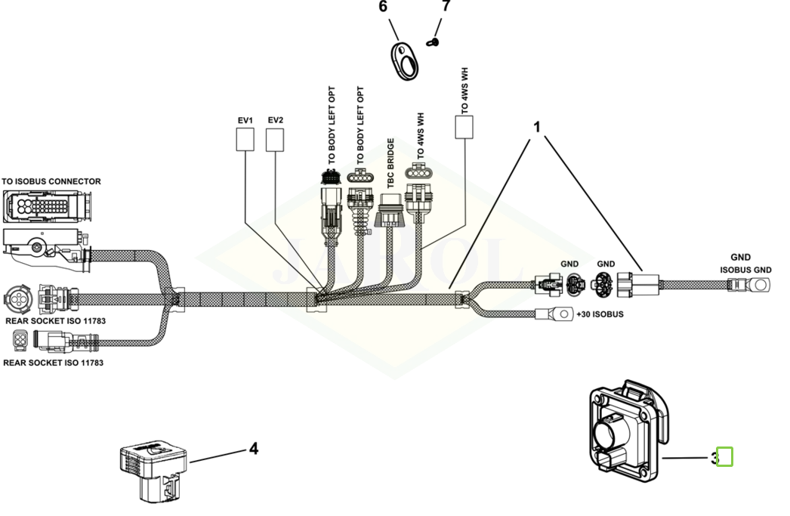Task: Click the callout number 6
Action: coord(382,8)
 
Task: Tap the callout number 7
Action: coord(445,6)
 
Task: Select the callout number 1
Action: coord(537,127)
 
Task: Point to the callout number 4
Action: coord(254,449)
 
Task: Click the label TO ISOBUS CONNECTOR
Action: coord(51,181)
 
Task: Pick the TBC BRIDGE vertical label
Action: coord(390,163)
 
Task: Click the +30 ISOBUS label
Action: coord(600,314)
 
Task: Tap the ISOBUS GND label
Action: coord(745,270)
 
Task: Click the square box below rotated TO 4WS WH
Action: coord(464,128)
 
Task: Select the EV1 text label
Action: coord(245,120)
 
